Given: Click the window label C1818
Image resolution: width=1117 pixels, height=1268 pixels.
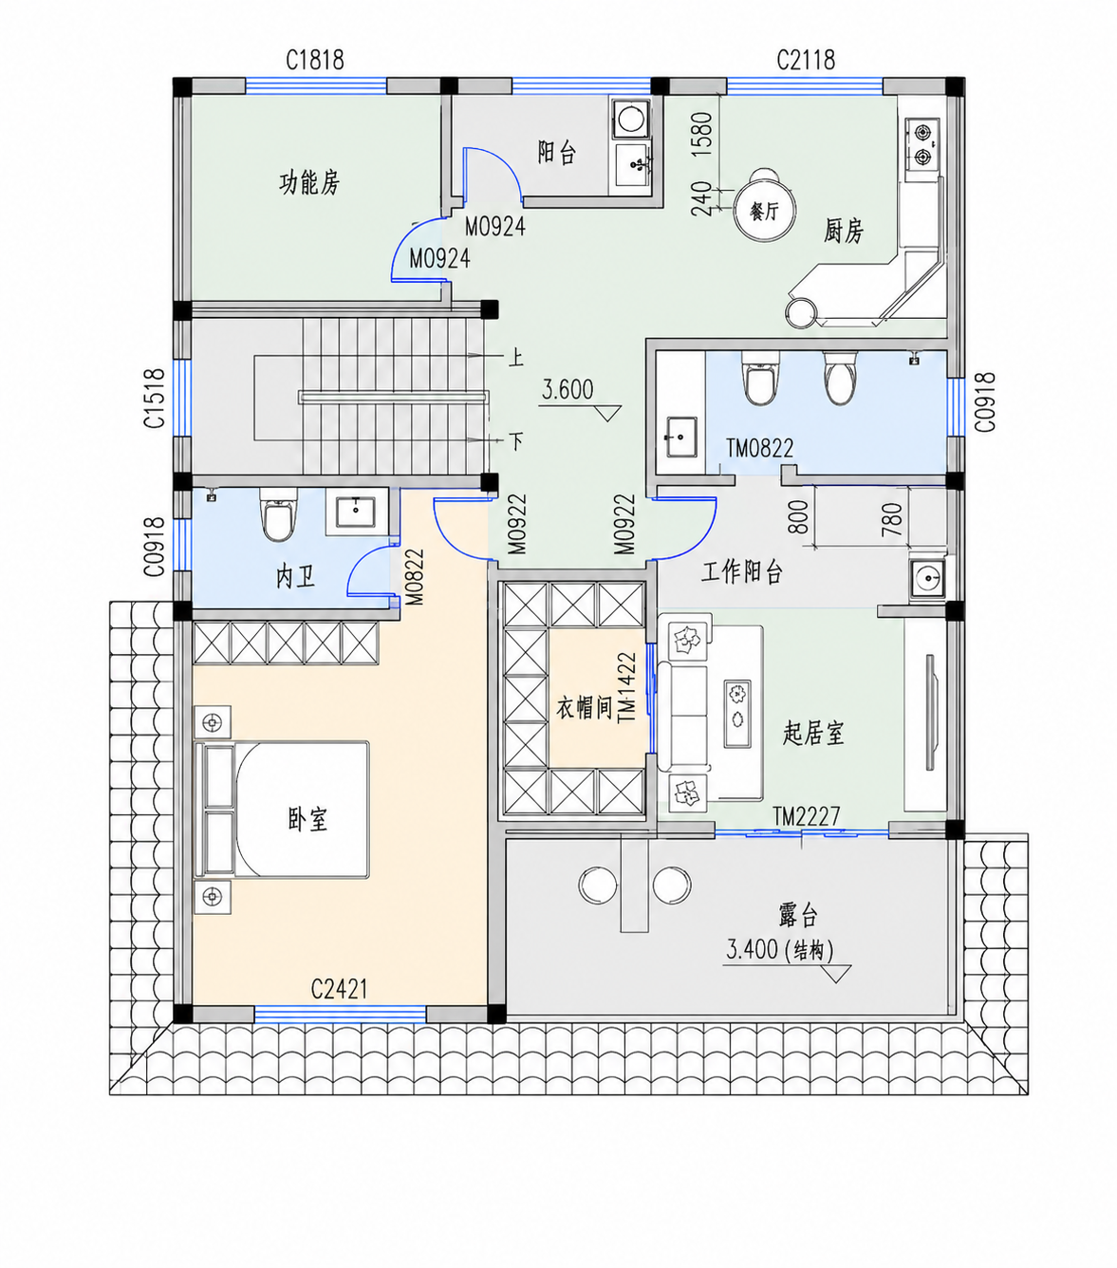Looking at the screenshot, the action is [315, 60].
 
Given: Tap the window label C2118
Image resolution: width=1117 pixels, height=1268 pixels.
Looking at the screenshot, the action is [806, 60].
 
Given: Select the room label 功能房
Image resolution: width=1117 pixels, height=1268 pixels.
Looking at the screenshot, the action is [309, 183].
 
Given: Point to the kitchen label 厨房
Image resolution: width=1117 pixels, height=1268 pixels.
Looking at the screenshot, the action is [843, 231].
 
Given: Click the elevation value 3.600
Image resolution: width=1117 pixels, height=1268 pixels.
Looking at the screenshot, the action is [567, 390].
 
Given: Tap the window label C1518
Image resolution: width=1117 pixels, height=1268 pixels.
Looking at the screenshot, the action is [155, 398].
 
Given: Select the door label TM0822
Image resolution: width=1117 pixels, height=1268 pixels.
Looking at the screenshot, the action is [759, 448].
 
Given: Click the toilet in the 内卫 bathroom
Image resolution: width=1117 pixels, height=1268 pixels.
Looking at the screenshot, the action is [278, 514].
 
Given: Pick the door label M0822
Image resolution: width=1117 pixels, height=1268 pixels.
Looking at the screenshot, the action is [415, 577].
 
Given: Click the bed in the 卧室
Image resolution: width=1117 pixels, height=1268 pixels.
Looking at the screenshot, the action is [282, 810].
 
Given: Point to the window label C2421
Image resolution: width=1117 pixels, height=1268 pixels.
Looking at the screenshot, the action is [339, 990].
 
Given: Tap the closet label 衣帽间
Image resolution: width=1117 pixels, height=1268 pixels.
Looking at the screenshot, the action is [584, 708].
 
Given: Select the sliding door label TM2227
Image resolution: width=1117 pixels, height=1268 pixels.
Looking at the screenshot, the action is [806, 816].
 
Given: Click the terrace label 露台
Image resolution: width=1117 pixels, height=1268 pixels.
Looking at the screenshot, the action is [798, 917].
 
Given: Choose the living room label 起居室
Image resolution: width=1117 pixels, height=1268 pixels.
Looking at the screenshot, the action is [813, 733].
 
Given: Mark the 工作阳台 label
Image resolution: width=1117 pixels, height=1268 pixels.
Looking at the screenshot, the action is [741, 572].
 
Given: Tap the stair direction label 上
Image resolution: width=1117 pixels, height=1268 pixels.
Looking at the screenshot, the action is [515, 358].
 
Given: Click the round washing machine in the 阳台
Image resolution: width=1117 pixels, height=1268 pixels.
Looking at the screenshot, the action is [630, 119].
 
